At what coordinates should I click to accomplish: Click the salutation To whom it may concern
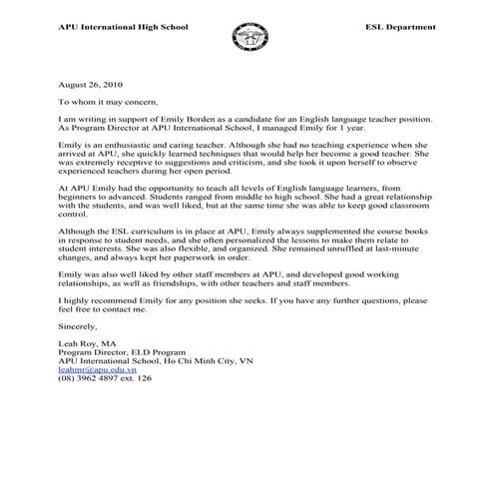click(111, 102)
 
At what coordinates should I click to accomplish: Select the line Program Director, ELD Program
click(120, 351)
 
